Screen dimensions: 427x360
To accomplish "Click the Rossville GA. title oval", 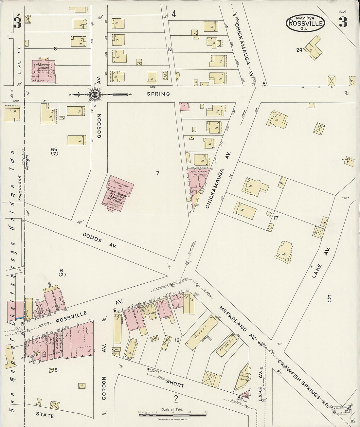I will pyautogui.click(x=305, y=23).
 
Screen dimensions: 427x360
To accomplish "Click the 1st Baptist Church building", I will pyautogui.click(x=44, y=70).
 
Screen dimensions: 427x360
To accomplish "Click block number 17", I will pyautogui.click(x=276, y=217).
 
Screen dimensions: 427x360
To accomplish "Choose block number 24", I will pyautogui.click(x=299, y=50).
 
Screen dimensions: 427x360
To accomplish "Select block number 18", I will pyautogui.click(x=169, y=49).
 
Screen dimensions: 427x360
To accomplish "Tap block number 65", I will pyautogui.click(x=54, y=150).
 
